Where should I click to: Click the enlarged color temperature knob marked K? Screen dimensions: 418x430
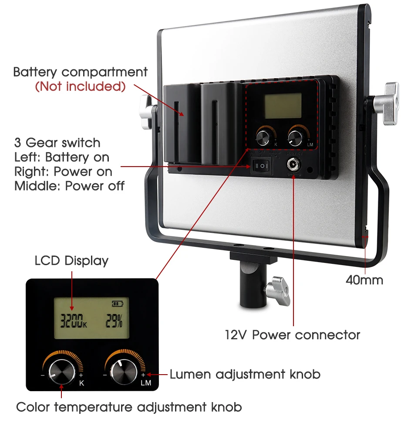pos(61,371)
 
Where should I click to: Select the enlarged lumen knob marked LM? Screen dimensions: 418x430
pos(124,370)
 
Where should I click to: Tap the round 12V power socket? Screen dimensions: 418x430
pos(291,165)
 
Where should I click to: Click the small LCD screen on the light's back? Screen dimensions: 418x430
pos(282,106)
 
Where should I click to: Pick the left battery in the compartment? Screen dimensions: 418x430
pos(181,122)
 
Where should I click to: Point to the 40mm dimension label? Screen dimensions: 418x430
pos(364,280)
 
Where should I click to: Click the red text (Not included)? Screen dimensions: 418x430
pos(80,86)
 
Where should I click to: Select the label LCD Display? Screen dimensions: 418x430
pos(71,261)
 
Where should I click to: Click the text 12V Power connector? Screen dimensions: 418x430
pos(293,335)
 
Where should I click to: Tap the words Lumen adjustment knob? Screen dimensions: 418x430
pos(245,374)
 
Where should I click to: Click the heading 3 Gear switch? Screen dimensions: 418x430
pos(57,143)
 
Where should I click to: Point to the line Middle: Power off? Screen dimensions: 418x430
pos(69,186)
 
